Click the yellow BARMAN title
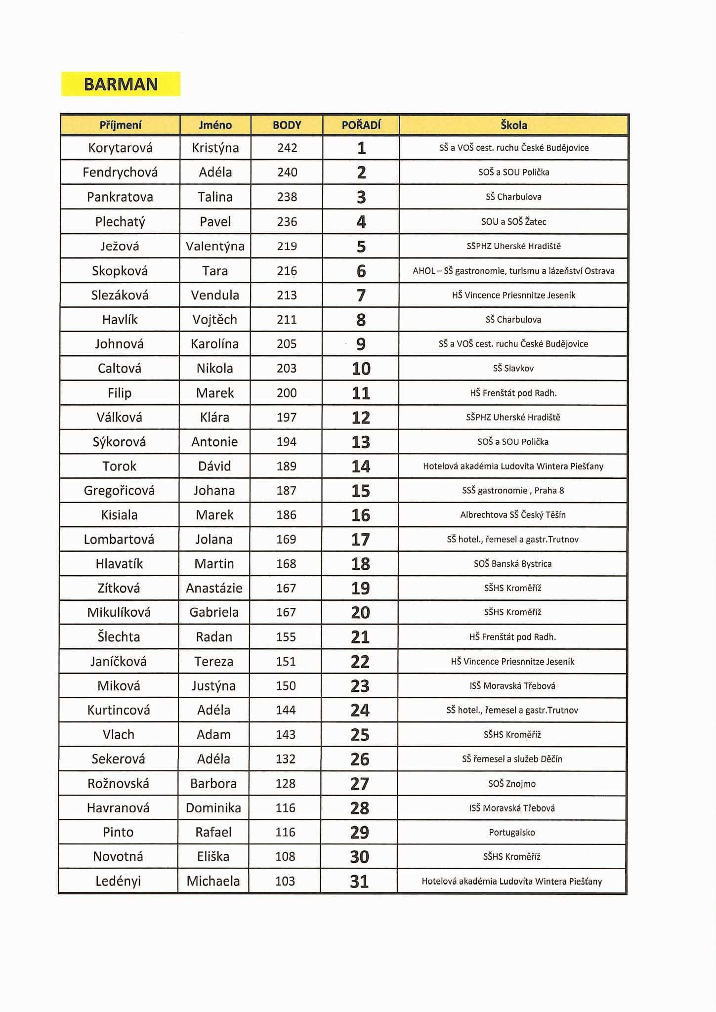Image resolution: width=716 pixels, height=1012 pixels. point(121,84)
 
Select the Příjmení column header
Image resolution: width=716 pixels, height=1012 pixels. point(120,125)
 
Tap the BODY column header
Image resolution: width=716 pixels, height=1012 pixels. point(287,125)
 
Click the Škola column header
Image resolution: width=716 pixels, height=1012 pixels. point(513,125)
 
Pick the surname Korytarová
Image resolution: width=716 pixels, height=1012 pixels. point(120,148)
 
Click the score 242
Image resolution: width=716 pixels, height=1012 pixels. point(287,148)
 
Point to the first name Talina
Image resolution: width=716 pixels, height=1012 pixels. point(215,197)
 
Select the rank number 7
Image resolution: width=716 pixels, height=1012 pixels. point(361,295)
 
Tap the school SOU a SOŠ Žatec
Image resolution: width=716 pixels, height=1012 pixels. point(513,221)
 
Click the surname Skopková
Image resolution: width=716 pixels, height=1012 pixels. point(120,271)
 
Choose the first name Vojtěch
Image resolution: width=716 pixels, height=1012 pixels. point(215,320)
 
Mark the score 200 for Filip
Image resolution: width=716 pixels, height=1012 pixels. point(287,393)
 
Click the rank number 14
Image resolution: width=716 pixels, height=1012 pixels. point(361,466)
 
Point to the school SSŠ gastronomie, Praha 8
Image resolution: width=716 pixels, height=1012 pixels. point(513,491)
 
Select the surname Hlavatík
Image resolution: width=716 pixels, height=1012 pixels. point(119,564)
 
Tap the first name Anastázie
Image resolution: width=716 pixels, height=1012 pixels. point(214,588)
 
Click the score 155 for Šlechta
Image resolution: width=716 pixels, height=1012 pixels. point(286,637)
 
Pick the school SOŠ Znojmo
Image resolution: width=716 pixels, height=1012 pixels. point(512,784)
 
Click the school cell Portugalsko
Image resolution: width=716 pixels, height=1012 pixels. point(512,833)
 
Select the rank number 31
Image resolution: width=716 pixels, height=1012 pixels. point(359,882)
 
